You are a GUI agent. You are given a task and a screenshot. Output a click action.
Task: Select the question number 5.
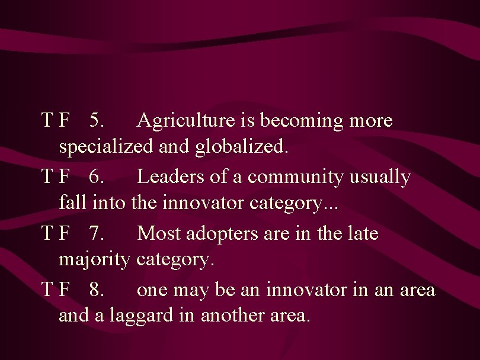point(97,121)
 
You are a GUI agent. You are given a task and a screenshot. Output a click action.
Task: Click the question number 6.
point(97,177)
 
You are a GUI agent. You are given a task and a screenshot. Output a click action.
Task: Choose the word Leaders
point(169,177)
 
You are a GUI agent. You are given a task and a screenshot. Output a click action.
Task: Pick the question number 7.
point(97,233)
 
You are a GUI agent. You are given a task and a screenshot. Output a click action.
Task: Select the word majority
point(94,260)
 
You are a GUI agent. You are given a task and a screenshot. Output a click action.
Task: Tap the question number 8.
point(97,290)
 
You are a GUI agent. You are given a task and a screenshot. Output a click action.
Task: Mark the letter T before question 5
point(47,121)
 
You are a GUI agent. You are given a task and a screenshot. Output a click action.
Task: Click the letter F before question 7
point(65,233)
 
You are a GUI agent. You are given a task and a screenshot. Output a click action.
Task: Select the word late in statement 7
point(363,233)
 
